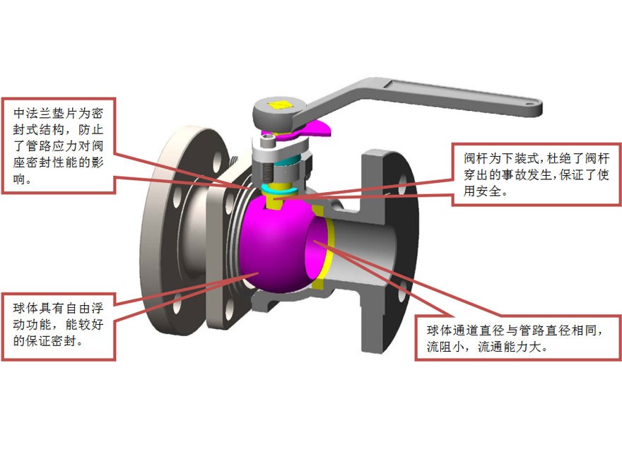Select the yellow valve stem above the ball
point(276,202)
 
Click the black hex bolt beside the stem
point(266,171)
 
